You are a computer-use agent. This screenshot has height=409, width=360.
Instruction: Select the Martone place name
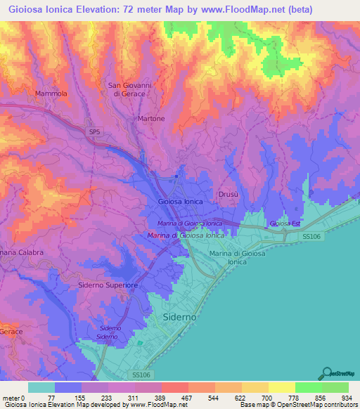pos(151,119)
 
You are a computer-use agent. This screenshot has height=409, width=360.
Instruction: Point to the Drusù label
pos(228,193)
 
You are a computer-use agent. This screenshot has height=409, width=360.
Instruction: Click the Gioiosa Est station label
pos(285,223)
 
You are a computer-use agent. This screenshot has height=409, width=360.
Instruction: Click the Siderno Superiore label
pos(108,285)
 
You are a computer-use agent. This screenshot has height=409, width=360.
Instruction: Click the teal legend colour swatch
pos(41,387)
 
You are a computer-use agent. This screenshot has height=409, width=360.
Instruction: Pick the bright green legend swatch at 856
pos(309,387)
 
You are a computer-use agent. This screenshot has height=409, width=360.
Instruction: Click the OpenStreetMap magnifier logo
pos(326,373)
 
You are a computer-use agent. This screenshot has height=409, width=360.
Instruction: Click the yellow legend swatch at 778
pos(282,387)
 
